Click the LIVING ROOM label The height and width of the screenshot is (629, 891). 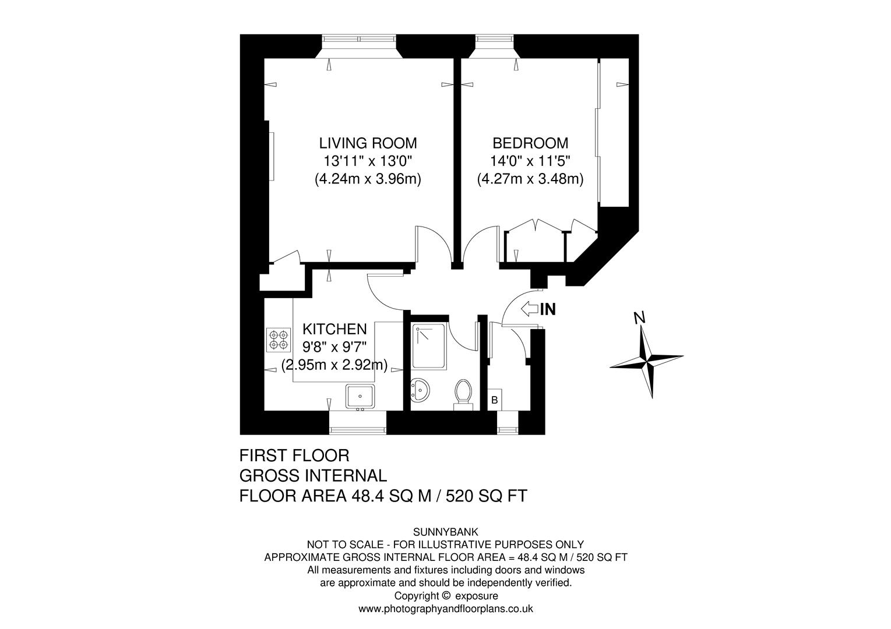368,143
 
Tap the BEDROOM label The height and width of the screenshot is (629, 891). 530,143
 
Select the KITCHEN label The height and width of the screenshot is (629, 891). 334,329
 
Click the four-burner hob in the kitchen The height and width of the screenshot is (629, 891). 278,340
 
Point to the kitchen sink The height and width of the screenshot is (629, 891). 361,397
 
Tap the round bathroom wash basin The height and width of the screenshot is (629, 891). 420,388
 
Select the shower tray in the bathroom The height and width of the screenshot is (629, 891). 429,347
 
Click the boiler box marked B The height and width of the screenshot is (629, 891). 494,400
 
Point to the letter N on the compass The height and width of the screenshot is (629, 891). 639,317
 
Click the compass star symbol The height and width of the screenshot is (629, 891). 646,361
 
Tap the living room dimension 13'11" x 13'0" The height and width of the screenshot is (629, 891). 368,161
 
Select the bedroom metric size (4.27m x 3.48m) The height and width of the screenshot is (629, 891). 530,179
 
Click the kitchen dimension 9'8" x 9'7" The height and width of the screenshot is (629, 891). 334,347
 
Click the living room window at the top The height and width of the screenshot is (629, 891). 359,40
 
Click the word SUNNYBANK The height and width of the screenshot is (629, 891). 445,531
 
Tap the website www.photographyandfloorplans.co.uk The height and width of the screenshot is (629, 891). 445,609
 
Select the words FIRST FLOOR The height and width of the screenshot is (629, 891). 294,455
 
